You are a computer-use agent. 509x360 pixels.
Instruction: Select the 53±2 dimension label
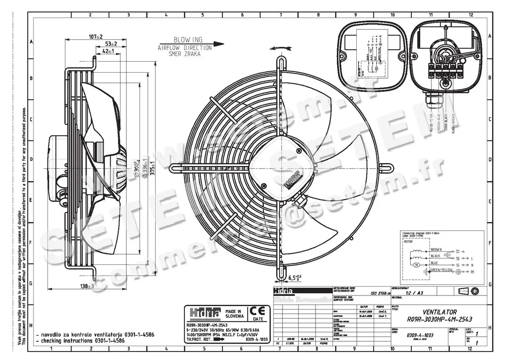(x=111, y=44)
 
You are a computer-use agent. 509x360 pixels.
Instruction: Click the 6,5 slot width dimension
(x=294, y=278)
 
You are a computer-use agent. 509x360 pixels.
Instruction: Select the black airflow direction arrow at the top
(x=218, y=43)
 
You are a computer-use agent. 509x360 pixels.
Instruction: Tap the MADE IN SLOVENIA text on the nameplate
(x=235, y=314)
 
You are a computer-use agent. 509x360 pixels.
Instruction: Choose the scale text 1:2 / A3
(x=414, y=293)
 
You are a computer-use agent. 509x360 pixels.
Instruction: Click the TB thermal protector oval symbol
(x=416, y=265)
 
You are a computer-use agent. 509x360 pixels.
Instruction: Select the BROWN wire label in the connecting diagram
(x=436, y=250)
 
